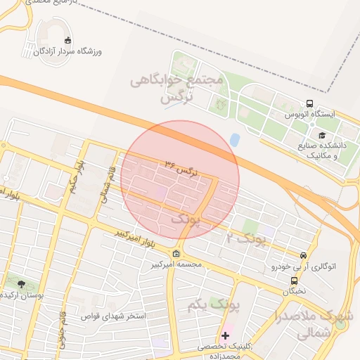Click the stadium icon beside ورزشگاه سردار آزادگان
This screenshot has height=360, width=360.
click(67, 40)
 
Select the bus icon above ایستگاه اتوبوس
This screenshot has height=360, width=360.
click(309, 103)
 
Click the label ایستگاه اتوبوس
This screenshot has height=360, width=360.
click(310, 114)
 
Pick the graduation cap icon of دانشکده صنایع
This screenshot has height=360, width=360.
click(322, 136)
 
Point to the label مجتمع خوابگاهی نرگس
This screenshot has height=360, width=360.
click(177, 89)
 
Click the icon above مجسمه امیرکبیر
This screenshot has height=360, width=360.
click(175, 254)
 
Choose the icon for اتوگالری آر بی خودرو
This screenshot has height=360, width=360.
click(303, 256)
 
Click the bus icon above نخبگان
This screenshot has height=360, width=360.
click(294, 281)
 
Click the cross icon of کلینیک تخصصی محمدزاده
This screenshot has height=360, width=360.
click(226, 335)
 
